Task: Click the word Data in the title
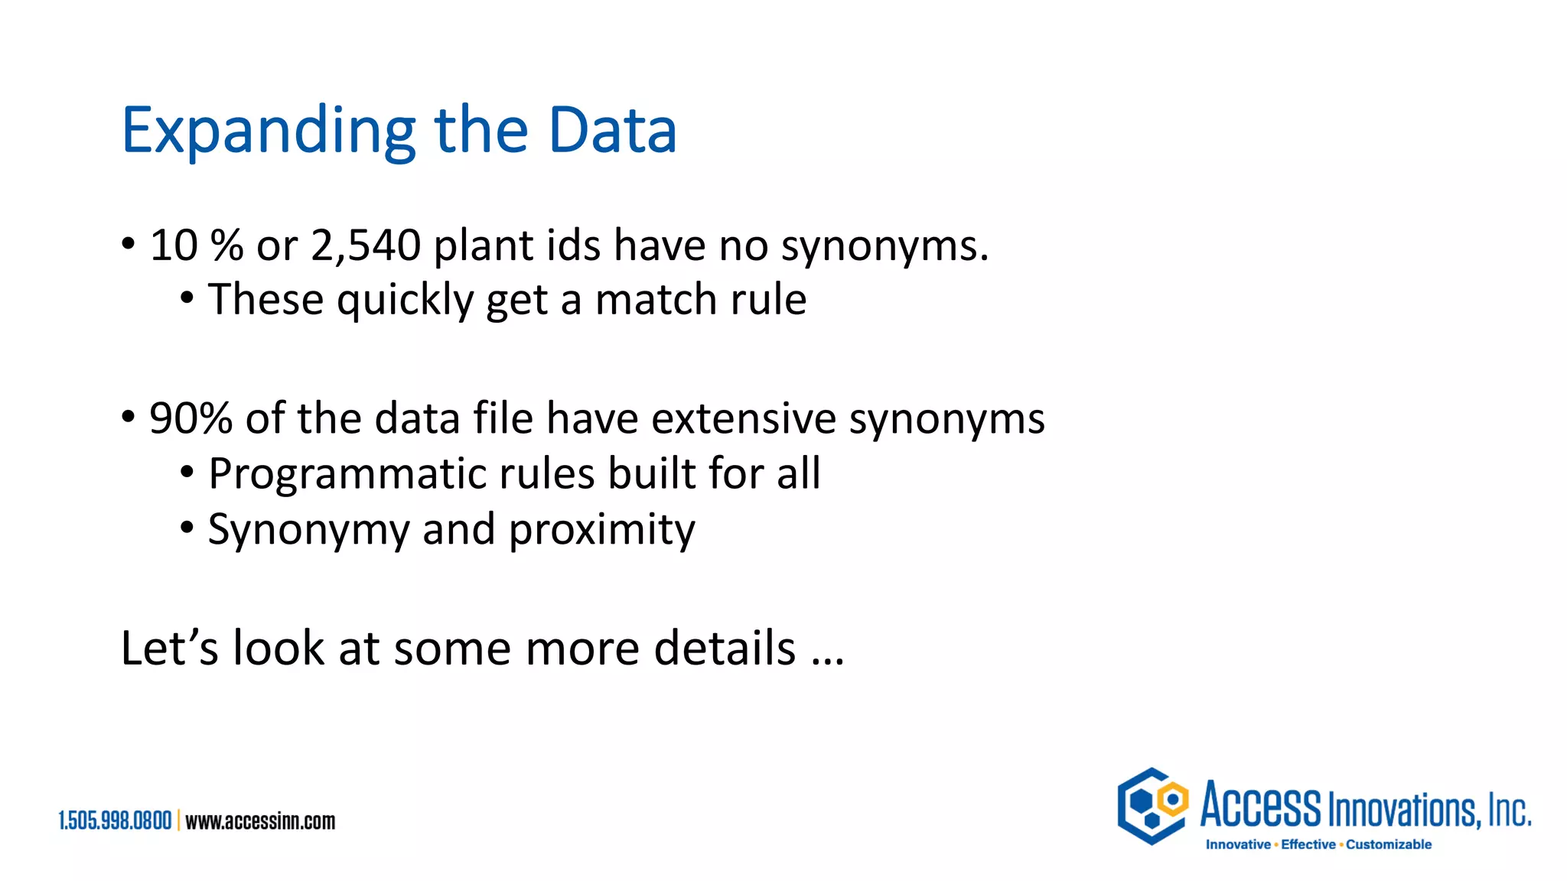click(x=612, y=130)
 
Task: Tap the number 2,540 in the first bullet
click(x=366, y=245)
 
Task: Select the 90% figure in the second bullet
click(x=191, y=418)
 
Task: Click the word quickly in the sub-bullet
click(x=405, y=300)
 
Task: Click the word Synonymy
click(x=308, y=530)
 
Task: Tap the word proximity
click(x=601, y=530)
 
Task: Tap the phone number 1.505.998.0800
click(x=115, y=821)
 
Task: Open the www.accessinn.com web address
click(x=260, y=821)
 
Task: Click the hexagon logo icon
click(x=1152, y=805)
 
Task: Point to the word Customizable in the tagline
click(x=1389, y=844)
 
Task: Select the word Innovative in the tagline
click(x=1238, y=844)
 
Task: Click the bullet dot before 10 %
click(x=129, y=245)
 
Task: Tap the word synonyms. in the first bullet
click(x=884, y=245)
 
